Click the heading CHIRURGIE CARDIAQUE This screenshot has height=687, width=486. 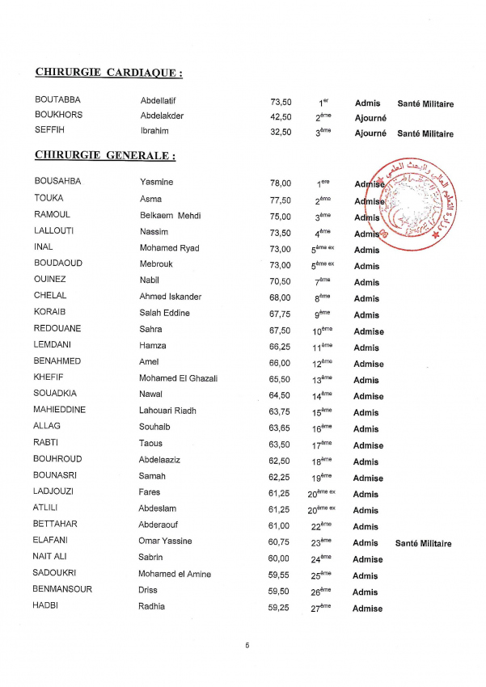pyautogui.click(x=108, y=73)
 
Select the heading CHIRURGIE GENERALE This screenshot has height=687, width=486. pyautogui.click(x=105, y=154)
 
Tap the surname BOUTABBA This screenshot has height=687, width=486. pyautogui.click(x=57, y=100)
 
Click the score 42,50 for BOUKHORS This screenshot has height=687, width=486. pyautogui.click(x=281, y=116)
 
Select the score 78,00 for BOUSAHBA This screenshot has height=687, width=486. pyautogui.click(x=281, y=183)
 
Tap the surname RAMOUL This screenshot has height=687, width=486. pyautogui.click(x=53, y=214)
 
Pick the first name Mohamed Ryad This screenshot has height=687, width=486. pyautogui.click(x=169, y=248)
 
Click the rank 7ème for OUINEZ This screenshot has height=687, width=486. pyautogui.click(x=321, y=281)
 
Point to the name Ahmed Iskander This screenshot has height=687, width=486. pyautogui.click(x=170, y=297)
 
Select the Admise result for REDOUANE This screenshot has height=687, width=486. pyautogui.click(x=369, y=331)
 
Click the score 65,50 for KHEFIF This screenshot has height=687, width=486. pyautogui.click(x=280, y=379)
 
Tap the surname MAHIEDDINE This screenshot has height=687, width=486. pyautogui.click(x=60, y=410)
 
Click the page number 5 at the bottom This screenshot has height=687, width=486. pyautogui.click(x=247, y=645)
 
